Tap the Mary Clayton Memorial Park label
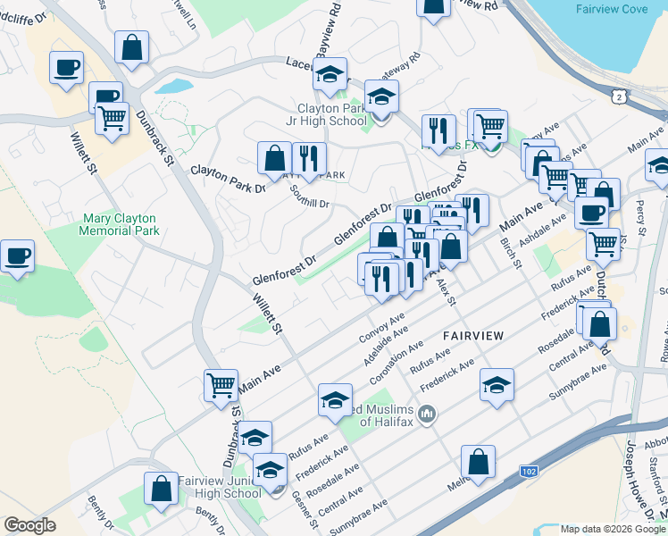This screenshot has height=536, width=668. point(121,224)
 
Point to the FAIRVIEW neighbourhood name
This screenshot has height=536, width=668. point(473,335)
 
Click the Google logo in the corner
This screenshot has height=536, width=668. point(29,525)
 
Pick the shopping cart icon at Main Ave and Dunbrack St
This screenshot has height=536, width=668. point(221,386)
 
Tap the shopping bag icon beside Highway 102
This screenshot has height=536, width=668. point(478,462)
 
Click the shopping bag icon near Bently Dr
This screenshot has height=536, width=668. point(162,490)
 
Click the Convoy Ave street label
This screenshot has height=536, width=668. point(382,327)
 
